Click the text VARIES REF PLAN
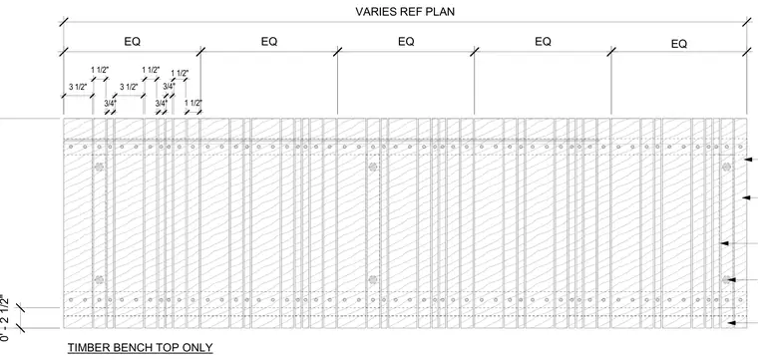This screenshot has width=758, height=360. click(405, 12)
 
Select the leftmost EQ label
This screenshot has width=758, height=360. click(132, 42)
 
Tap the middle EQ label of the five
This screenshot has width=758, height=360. click(406, 42)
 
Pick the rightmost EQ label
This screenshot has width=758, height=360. click(679, 44)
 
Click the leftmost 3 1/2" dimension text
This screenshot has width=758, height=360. click(78, 87)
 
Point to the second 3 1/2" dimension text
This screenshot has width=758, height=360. click(129, 87)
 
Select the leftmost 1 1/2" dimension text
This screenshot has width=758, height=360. click(100, 70)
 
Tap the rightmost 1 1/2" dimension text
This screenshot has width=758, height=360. click(193, 103)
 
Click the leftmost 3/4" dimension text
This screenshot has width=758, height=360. click(111, 103)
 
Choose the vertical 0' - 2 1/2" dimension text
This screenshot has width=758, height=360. click(5, 317)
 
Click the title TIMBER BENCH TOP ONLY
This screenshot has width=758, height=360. click(141, 347)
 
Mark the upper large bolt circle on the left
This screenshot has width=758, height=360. click(99, 168)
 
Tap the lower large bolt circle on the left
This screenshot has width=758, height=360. click(99, 280)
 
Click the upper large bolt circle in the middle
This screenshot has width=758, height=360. click(373, 168)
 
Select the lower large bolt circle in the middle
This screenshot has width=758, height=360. click(373, 280)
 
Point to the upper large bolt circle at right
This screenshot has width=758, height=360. click(726, 168)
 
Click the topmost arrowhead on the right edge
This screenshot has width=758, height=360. click(748, 159)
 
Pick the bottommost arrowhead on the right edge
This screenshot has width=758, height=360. click(732, 323)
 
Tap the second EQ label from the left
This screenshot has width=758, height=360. click(269, 42)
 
